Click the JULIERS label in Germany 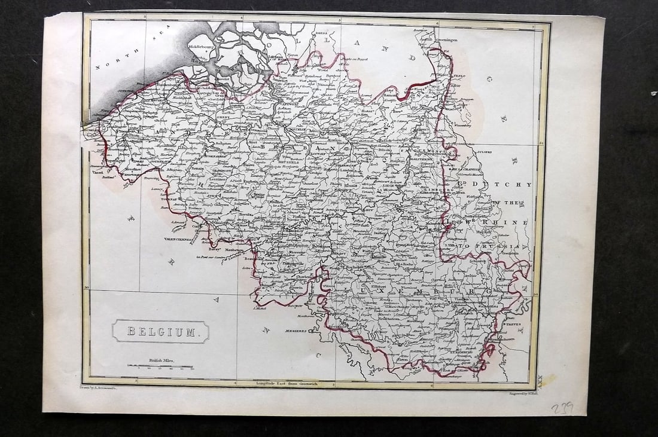coord(484,152)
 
